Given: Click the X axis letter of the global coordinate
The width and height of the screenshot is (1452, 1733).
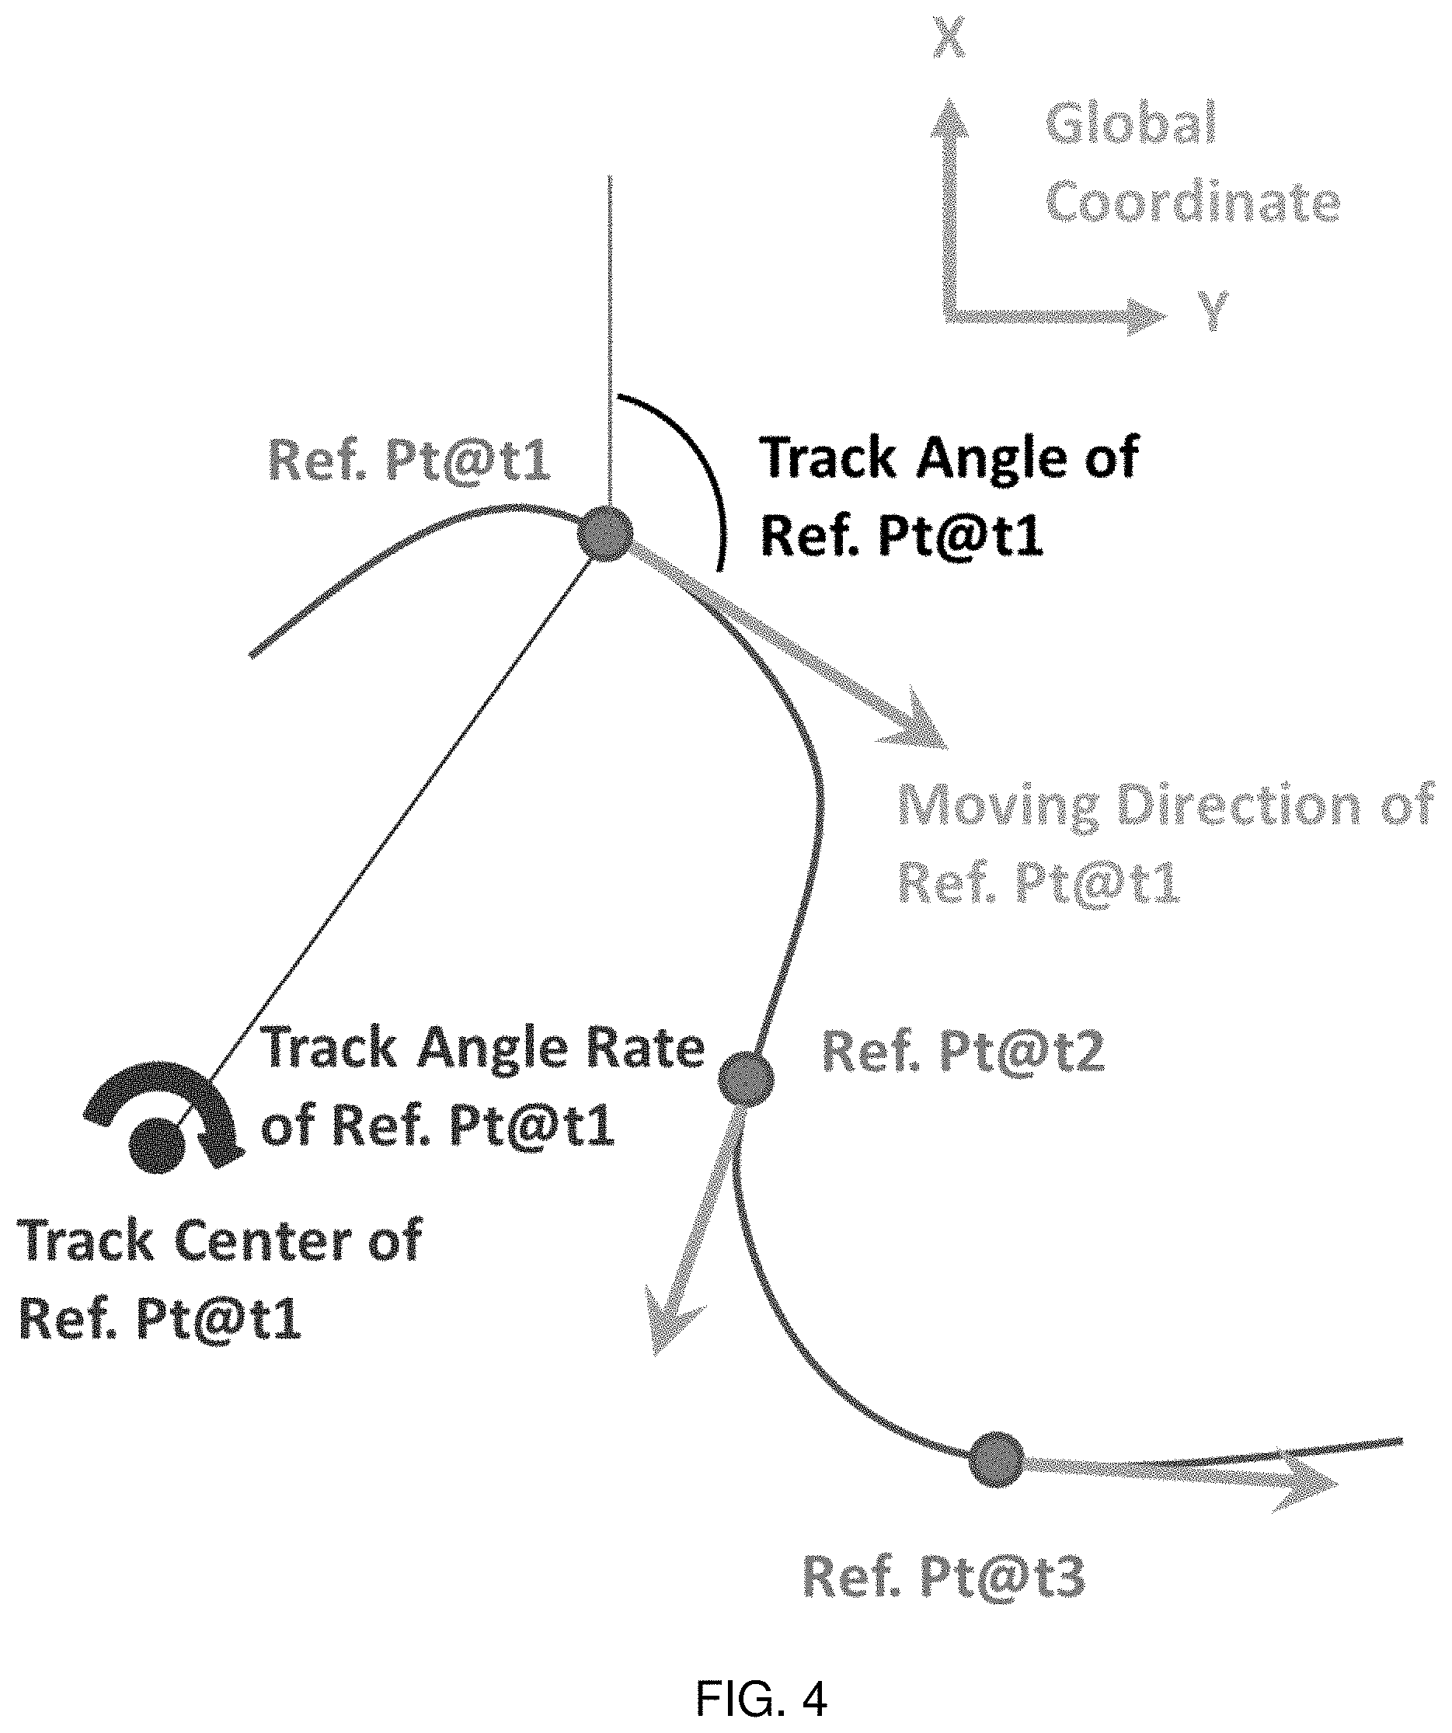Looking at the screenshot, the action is (949, 39).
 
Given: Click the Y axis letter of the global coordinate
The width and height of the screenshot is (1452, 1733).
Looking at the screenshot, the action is (1213, 311).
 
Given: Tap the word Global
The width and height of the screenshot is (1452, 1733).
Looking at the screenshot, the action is (1131, 123).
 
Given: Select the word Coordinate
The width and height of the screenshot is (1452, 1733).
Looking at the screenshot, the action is (1193, 201).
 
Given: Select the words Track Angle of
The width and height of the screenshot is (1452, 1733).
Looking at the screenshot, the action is (949, 458).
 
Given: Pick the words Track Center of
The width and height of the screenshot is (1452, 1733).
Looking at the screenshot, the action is (220, 1240).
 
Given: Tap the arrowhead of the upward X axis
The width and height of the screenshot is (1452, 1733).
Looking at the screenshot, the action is (949, 116).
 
